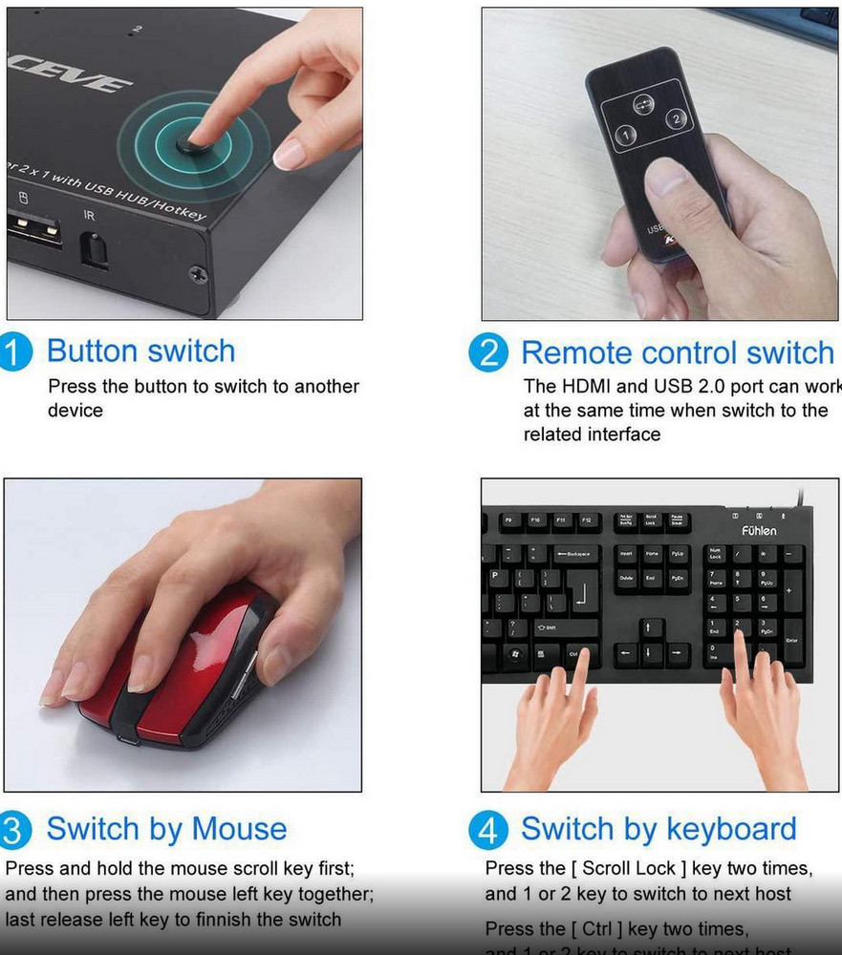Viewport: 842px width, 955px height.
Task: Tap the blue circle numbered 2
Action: [488, 353]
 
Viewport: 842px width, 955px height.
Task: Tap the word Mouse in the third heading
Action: [239, 828]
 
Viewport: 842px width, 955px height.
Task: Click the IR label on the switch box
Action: [90, 216]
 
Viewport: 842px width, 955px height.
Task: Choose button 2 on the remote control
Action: [676, 119]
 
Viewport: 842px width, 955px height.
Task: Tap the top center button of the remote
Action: [643, 104]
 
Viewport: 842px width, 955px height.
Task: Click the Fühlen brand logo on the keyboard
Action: [760, 530]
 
